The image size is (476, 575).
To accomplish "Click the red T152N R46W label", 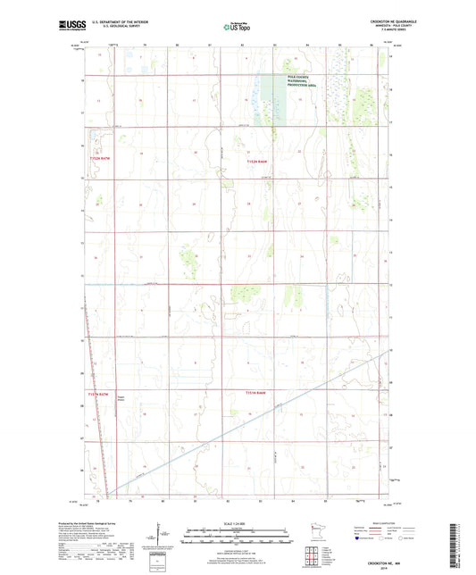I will pos(256,162).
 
